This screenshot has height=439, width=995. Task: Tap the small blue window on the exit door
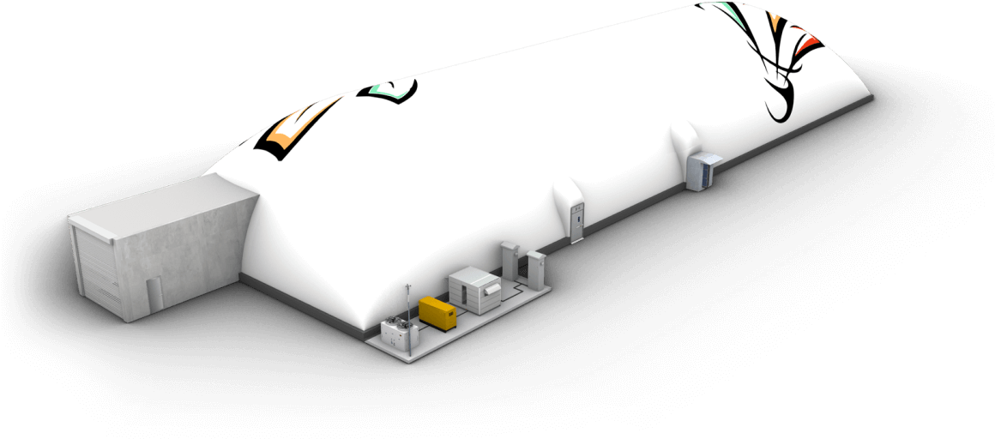pos(579,214)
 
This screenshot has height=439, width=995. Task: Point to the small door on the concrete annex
pos(153,295)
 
